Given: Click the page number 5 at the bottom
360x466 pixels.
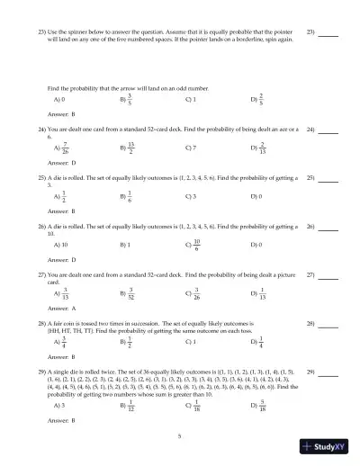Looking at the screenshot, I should pyautogui.click(x=179, y=435).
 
